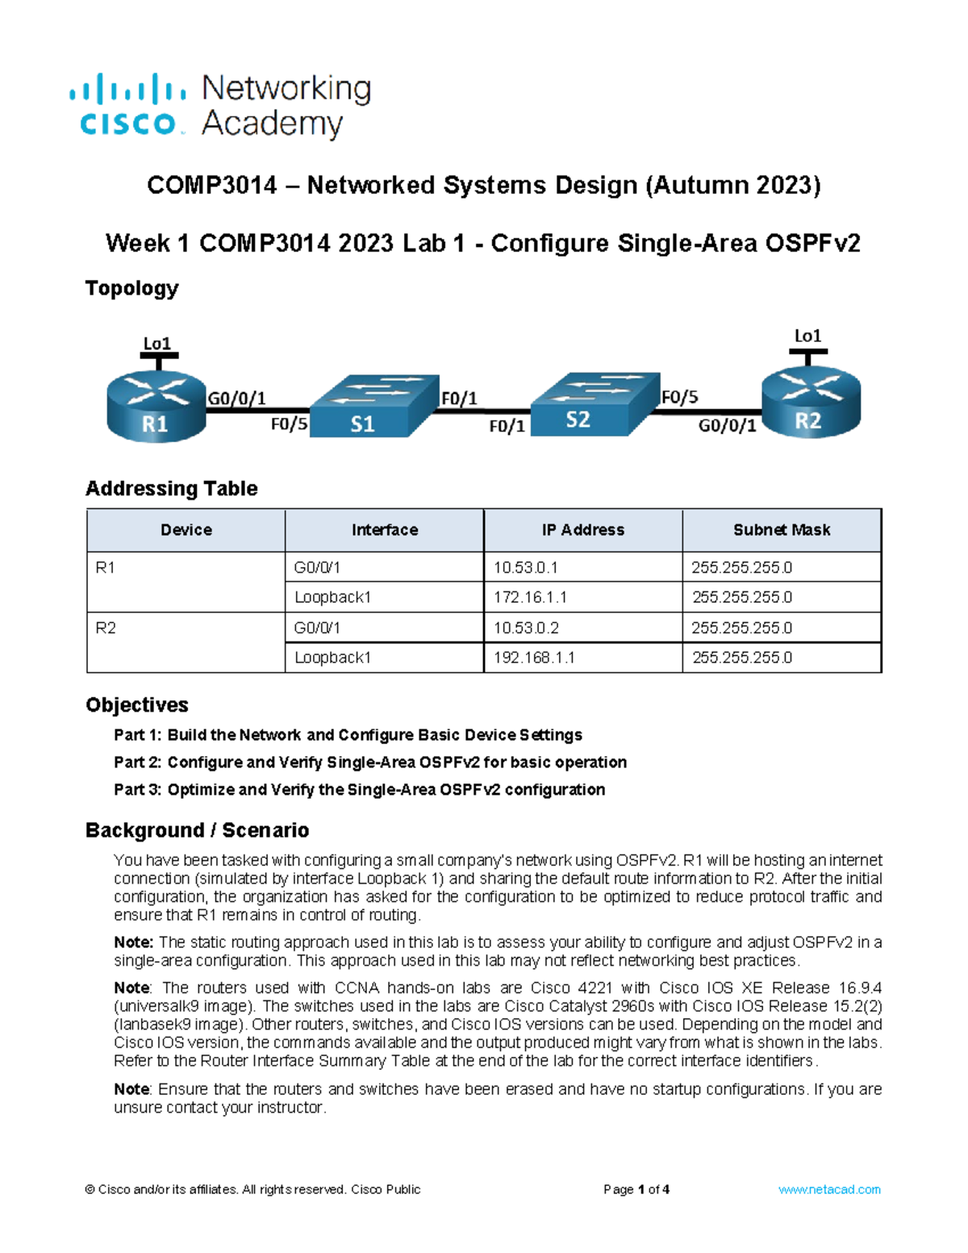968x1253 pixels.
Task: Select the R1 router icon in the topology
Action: pos(156,407)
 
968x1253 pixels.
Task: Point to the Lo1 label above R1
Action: pos(156,344)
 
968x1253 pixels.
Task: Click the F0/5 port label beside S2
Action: pos(679,397)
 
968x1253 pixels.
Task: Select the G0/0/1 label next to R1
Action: pos(236,399)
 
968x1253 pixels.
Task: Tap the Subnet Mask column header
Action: pos(781,530)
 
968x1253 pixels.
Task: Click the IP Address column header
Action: pos(582,530)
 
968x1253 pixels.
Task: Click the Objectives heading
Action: pos(137,705)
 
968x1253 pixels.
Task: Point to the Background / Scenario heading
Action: pos(197,830)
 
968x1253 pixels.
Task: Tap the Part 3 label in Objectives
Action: pos(137,790)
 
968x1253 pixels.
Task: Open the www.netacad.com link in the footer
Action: pos(828,1189)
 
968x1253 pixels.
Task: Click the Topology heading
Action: pos(131,288)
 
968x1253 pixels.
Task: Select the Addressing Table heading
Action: pos(171,489)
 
